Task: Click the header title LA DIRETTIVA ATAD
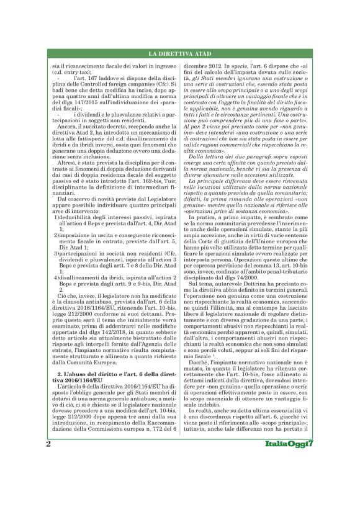click(x=180, y=55)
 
